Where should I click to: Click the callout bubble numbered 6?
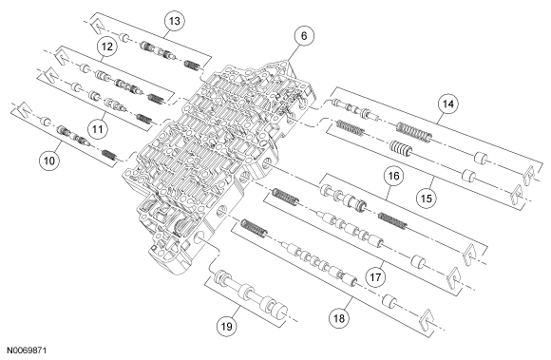(x=304, y=36)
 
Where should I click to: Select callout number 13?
(x=175, y=21)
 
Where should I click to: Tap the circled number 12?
(x=107, y=47)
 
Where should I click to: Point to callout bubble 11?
(x=97, y=129)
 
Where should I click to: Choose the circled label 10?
(x=49, y=161)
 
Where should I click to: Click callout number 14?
(x=448, y=104)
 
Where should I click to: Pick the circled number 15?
(x=427, y=199)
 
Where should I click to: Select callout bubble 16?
(x=394, y=176)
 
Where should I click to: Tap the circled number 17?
(x=375, y=277)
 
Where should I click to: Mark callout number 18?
(x=339, y=318)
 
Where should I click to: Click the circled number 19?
(x=227, y=327)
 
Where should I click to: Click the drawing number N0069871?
(x=27, y=351)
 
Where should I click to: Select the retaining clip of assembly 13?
(x=96, y=28)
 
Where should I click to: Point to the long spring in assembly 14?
(x=414, y=132)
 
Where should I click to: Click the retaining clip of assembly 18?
(x=427, y=319)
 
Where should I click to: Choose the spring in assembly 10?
(x=109, y=155)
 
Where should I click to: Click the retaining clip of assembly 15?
(x=516, y=194)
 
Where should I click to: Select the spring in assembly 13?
(x=193, y=65)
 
